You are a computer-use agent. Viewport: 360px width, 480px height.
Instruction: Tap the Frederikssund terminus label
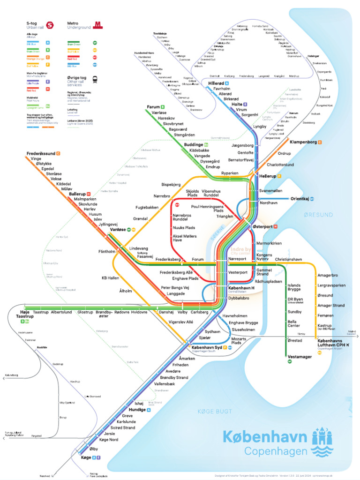[41, 153]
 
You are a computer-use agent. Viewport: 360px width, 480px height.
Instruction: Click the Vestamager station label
[299, 357]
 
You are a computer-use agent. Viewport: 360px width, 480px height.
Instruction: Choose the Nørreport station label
[237, 259]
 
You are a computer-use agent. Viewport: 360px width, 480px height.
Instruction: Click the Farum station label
[153, 107]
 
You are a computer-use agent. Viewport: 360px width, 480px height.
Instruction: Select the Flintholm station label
[107, 251]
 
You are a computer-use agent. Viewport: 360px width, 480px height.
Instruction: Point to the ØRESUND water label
[318, 215]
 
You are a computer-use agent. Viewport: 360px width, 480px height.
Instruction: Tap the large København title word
[265, 437]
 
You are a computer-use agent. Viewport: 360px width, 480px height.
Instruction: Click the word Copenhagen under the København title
[276, 451]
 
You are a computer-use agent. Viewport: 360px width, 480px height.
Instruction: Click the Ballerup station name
[77, 193]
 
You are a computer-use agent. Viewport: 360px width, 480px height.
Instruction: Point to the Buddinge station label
[193, 145]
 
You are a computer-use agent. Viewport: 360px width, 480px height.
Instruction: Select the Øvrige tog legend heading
[77, 78]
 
